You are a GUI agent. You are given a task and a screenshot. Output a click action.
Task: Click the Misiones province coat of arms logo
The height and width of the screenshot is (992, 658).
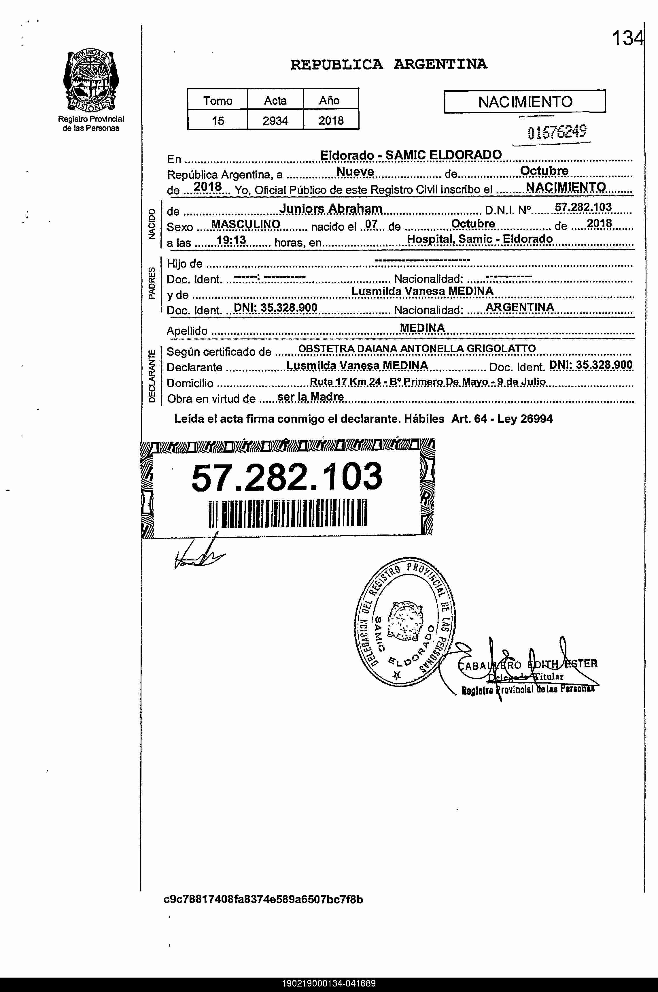click(x=91, y=81)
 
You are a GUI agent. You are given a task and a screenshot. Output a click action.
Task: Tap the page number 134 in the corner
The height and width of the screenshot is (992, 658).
click(x=627, y=39)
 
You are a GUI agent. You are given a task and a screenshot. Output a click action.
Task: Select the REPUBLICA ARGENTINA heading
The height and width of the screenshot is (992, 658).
click(x=389, y=64)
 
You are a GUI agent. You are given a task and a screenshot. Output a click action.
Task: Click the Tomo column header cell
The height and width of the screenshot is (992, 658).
click(x=218, y=100)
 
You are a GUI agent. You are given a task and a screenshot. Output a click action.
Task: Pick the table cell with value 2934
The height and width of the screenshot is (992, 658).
click(x=275, y=121)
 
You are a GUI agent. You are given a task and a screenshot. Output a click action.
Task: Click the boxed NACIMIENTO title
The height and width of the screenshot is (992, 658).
click(x=525, y=101)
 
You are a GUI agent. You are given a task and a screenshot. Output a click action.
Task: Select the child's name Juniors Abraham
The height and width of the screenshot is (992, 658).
click(x=331, y=208)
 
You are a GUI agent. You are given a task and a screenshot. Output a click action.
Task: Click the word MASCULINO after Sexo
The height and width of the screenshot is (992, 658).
click(x=245, y=224)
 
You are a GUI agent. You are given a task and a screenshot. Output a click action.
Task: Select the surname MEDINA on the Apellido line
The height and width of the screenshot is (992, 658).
click(x=422, y=328)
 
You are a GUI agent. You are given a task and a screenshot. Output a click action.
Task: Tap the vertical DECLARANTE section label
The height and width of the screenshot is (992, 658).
click(x=152, y=375)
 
